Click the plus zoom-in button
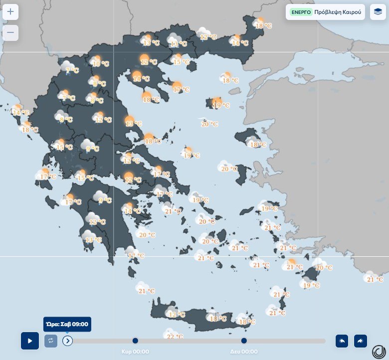(x=10, y=11)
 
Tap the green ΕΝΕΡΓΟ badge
(x=301, y=12)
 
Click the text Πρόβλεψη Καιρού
(x=337, y=12)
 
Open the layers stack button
(x=378, y=12)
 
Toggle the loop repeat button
(x=51, y=341)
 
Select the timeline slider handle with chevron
(x=68, y=341)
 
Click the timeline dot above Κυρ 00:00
(x=135, y=341)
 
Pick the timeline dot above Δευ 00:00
(x=244, y=341)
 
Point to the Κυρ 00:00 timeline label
(x=135, y=352)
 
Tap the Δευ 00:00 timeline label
(x=244, y=352)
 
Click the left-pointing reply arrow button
(x=342, y=341)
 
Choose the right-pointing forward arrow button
(x=360, y=341)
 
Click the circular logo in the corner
(x=379, y=351)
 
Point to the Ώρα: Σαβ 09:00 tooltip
(x=67, y=324)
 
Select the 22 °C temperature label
(x=175, y=337)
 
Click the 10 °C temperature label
(x=101, y=63)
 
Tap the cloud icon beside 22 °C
(x=170, y=333)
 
